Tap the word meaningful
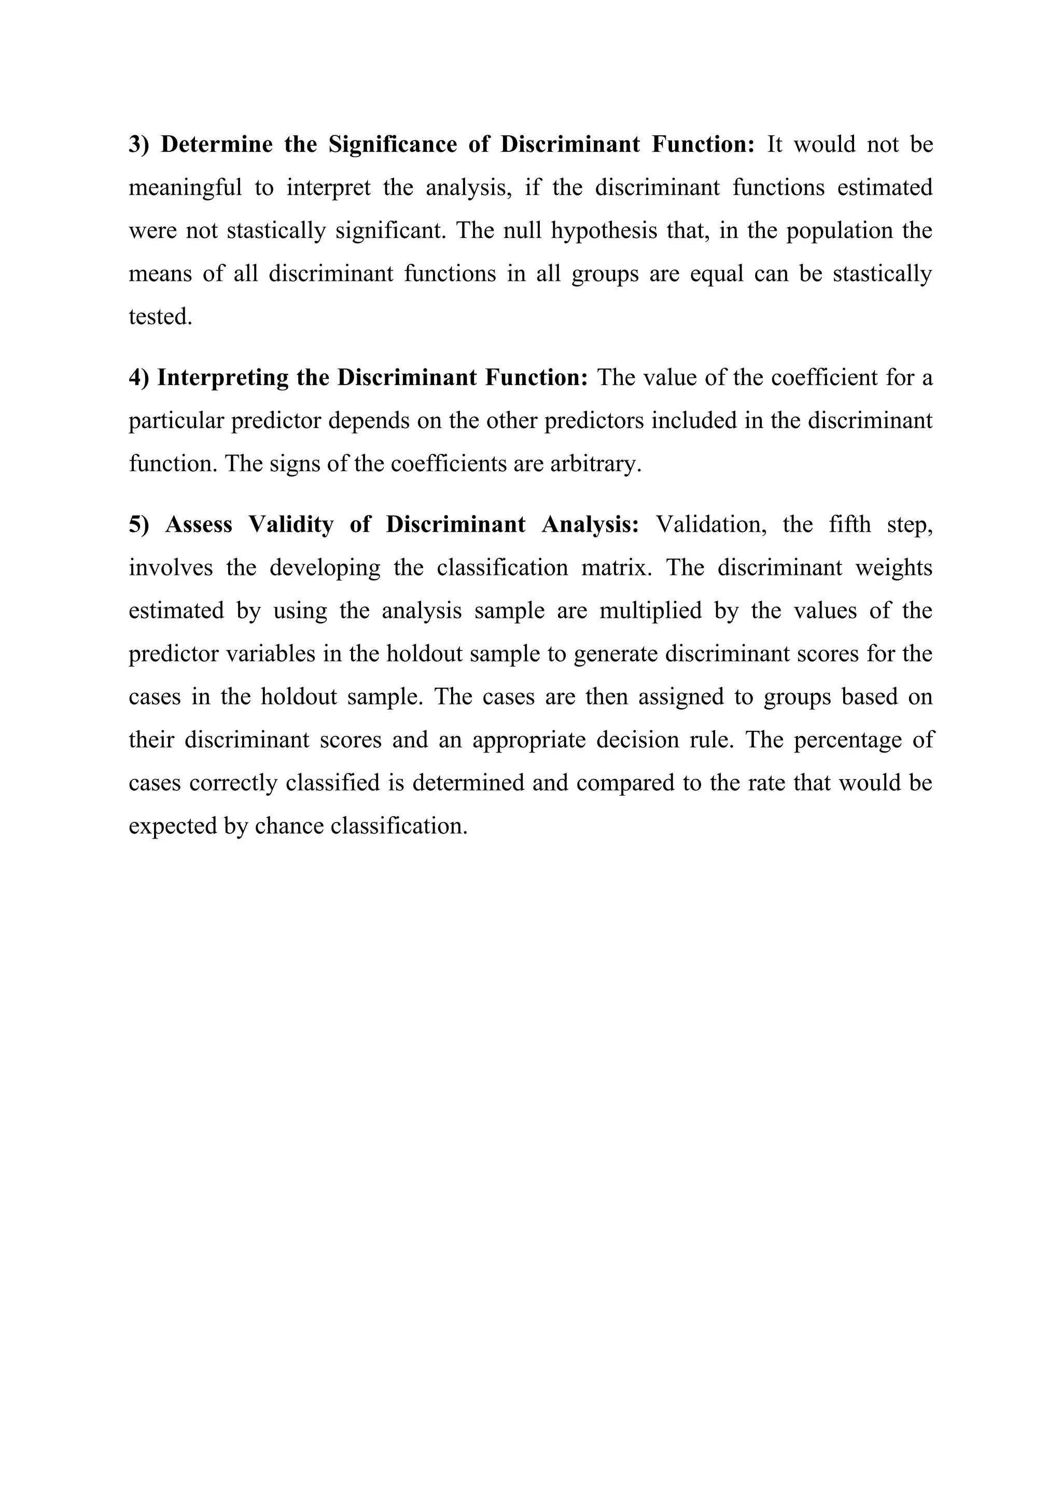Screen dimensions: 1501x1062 pyautogui.click(x=185, y=188)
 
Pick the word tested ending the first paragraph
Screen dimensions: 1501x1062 pyautogui.click(x=160, y=317)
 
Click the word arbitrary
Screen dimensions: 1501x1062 pyautogui.click(x=595, y=464)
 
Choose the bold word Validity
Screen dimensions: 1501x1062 pyautogui.click(x=291, y=525)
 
